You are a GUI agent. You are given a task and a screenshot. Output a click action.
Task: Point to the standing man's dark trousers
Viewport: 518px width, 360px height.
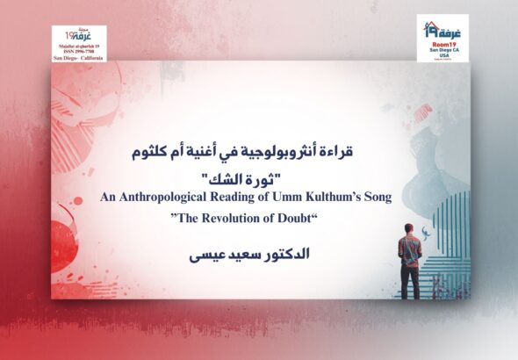tap(410, 281)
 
